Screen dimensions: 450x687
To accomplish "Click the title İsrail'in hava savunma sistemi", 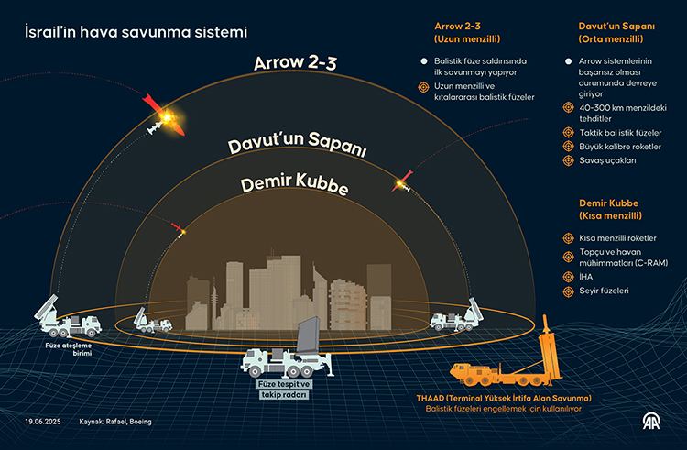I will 135,32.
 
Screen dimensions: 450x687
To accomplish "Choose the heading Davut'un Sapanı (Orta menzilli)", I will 616,33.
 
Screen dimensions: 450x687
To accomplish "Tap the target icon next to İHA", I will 569,274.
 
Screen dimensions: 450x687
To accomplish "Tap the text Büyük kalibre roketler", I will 620,146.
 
